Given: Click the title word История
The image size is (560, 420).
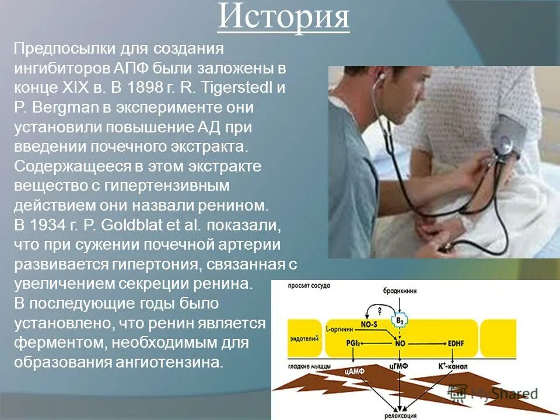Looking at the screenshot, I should pyautogui.click(x=283, y=18).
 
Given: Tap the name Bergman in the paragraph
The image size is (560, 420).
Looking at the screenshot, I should pyautogui.click(x=64, y=108).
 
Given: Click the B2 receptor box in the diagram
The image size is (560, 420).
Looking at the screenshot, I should pyautogui.click(x=400, y=320).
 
